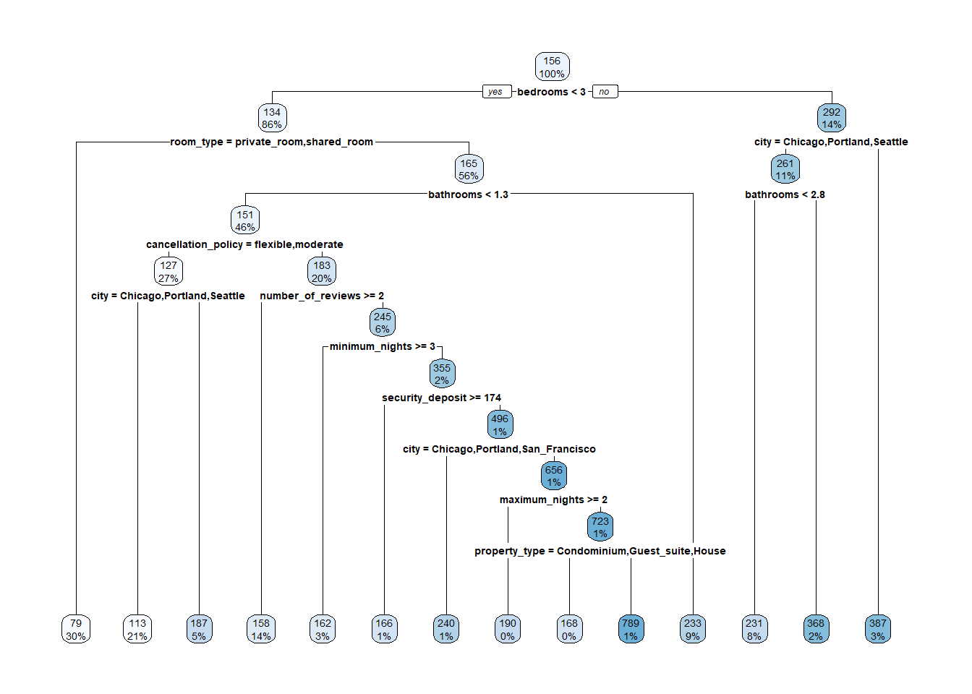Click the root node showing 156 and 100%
[552, 67]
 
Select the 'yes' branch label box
[495, 92]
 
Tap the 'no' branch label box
[604, 92]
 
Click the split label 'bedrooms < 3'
[551, 92]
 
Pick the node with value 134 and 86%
[272, 118]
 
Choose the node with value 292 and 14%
[832, 118]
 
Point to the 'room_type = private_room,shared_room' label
[271, 142]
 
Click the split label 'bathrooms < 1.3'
[468, 194]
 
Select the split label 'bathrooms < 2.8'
[785, 194]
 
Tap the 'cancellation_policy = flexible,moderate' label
[244, 244]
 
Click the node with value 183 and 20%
[322, 272]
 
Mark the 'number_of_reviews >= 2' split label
[322, 296]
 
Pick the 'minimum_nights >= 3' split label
[382, 346]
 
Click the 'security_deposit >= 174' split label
[441, 398]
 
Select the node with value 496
[500, 425]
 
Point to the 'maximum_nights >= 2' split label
[553, 500]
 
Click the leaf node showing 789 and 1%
[631, 630]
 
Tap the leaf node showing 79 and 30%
[76, 630]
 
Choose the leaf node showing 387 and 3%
[878, 630]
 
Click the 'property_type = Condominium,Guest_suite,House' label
[600, 551]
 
